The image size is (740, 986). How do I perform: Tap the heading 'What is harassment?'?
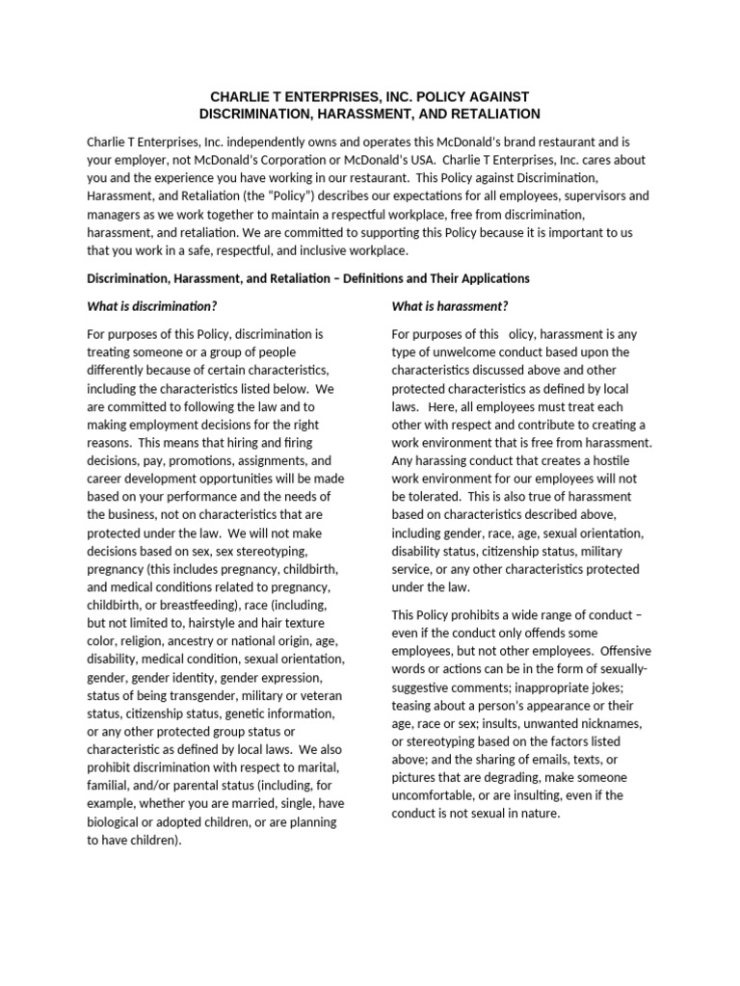[450, 306]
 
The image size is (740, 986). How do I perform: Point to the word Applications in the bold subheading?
[491, 278]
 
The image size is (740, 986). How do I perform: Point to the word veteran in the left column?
[310, 696]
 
